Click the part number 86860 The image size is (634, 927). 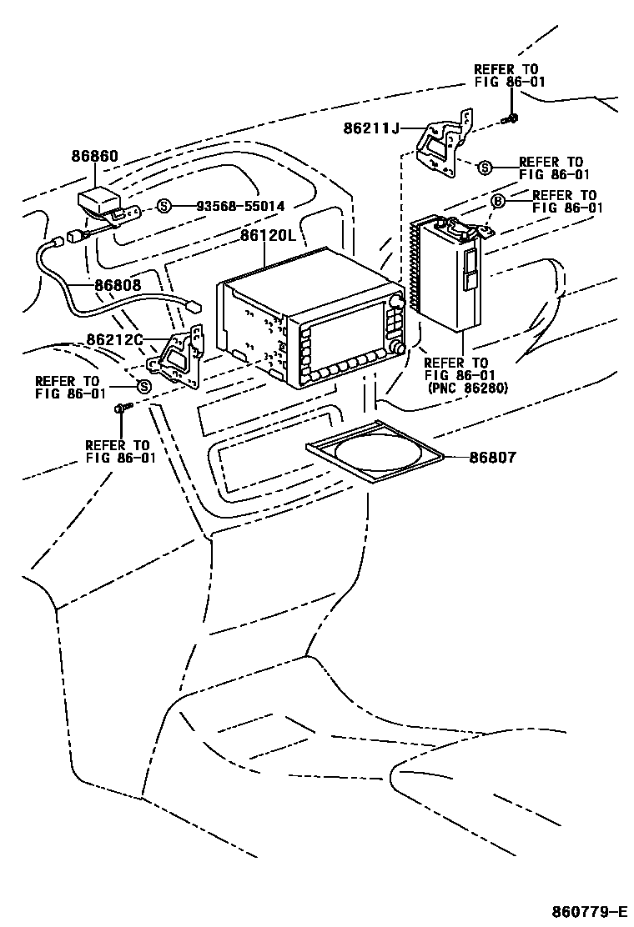(94, 156)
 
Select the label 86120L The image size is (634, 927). (268, 236)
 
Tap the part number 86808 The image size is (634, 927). (118, 285)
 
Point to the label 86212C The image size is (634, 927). (115, 340)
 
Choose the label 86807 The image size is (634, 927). (492, 457)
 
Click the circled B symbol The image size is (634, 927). (497, 202)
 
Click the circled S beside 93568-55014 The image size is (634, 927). (164, 206)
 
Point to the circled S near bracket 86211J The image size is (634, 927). (485, 168)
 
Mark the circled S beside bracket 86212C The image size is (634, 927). (143, 386)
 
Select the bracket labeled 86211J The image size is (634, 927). (443, 147)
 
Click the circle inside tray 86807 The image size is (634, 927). (376, 455)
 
